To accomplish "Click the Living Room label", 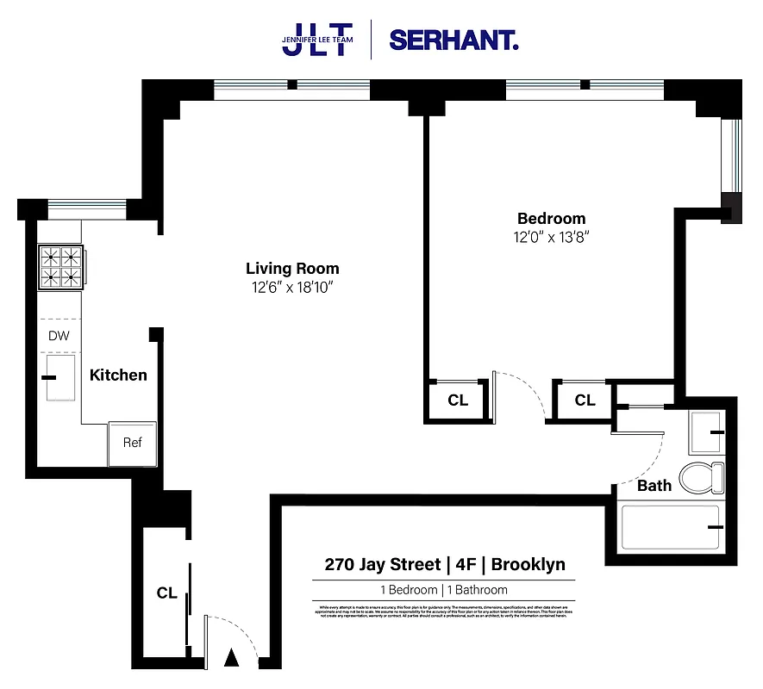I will tap(292, 269).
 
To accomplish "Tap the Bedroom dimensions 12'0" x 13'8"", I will tap(551, 236).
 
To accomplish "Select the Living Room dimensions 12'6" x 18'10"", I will tap(292, 287).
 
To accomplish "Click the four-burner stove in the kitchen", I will tap(61, 266).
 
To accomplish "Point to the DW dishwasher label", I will tap(59, 337).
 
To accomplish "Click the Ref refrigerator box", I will tap(132, 443).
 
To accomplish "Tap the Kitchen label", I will tap(118, 376).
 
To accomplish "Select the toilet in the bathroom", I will tap(704, 477).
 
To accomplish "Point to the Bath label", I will tap(654, 486).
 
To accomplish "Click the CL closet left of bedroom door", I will tap(458, 400).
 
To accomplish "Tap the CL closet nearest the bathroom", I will tap(585, 400).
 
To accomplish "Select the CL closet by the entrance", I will tap(166, 593).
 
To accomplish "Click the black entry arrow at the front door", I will tap(230, 659).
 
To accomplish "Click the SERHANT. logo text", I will tap(453, 40).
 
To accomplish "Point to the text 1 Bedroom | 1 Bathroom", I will tap(444, 590).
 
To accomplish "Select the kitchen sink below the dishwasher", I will tap(61, 378).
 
